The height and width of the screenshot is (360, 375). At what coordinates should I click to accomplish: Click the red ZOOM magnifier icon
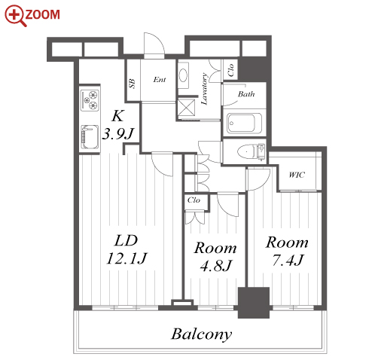point(16,16)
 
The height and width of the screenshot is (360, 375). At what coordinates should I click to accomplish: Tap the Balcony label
point(202,334)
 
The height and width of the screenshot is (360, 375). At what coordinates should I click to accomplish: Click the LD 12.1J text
point(127,249)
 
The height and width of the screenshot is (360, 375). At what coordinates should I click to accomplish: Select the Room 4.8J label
point(215,257)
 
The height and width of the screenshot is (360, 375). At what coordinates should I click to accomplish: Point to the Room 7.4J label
point(287,251)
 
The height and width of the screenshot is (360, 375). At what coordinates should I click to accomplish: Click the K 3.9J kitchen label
point(118,125)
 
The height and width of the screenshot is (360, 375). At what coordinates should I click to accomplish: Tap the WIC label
point(297,175)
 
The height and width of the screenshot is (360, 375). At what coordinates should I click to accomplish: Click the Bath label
point(246,94)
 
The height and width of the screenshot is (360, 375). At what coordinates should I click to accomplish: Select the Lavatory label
point(205,89)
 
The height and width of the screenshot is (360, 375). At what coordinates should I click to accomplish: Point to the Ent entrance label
point(160,80)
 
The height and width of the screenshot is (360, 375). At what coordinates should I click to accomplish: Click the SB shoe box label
point(132,84)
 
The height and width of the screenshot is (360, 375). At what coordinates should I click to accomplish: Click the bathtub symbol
point(244,124)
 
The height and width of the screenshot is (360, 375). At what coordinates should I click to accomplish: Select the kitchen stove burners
point(90,99)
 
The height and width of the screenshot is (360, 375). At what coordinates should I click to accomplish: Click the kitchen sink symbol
point(90,137)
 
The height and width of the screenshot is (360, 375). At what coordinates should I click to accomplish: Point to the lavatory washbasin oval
point(183,75)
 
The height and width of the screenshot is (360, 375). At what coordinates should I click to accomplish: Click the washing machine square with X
point(186,107)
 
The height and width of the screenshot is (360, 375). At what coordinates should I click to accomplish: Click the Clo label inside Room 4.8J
point(194,200)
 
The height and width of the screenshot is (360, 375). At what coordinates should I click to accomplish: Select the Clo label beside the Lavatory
point(230,70)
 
